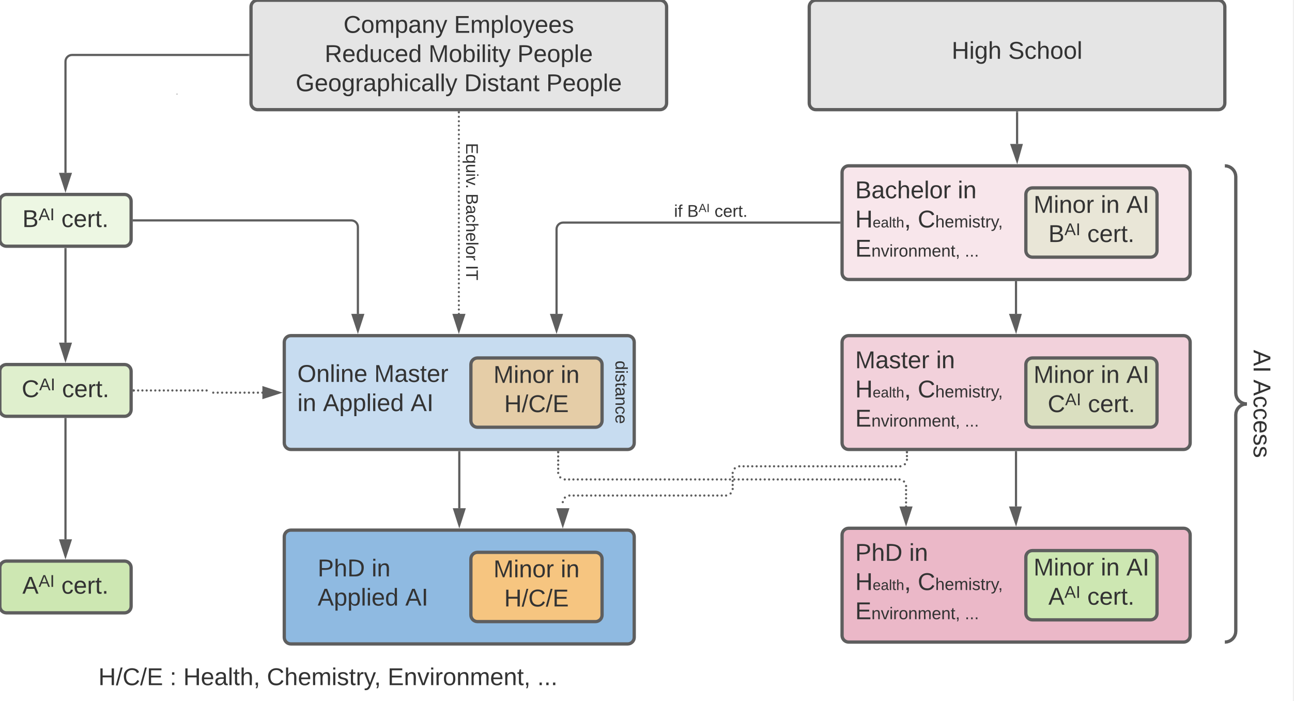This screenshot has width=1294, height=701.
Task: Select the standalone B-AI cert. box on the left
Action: click(x=66, y=220)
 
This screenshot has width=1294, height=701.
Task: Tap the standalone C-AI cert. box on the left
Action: click(x=66, y=390)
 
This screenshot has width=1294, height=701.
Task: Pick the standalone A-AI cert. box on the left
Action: click(x=66, y=587)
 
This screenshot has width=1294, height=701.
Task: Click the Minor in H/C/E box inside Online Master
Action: click(x=536, y=392)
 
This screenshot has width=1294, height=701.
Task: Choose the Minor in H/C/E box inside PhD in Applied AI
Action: click(x=536, y=587)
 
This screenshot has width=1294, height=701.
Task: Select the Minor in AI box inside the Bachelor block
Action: click(x=1091, y=222)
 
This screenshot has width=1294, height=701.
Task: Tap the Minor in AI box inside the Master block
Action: click(x=1091, y=392)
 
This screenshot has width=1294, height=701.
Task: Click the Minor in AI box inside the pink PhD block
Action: click(x=1091, y=585)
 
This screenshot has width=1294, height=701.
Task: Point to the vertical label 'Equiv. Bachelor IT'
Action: click(x=471, y=212)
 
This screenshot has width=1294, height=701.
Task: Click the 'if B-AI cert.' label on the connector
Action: click(x=710, y=211)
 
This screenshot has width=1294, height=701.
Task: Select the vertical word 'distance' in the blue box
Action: click(x=620, y=392)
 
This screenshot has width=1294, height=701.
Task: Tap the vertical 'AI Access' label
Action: click(x=1261, y=403)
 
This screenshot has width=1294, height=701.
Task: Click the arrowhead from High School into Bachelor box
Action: click(x=1016, y=154)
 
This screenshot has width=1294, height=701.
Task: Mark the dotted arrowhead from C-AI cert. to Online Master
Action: click(x=272, y=392)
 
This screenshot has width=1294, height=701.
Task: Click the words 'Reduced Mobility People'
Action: click(x=458, y=54)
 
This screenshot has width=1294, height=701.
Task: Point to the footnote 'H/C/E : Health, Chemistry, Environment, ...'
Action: click(x=328, y=677)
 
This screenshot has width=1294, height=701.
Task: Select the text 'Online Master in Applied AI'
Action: click(x=372, y=388)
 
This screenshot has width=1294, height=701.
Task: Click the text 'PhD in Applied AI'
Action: click(x=372, y=583)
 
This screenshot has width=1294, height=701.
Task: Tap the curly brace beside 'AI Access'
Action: click(x=1235, y=403)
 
